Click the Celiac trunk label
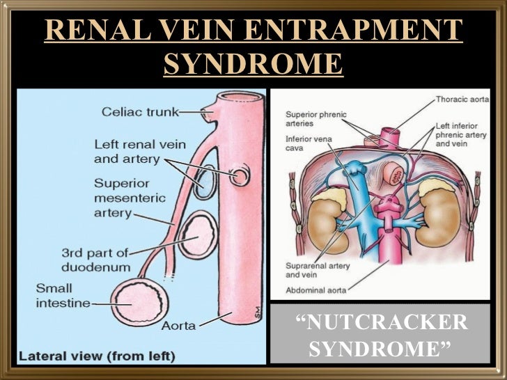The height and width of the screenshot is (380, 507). click(139, 111)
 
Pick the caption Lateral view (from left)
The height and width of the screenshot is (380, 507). click(97, 356)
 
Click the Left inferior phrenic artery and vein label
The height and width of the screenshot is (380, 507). click(465, 134)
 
